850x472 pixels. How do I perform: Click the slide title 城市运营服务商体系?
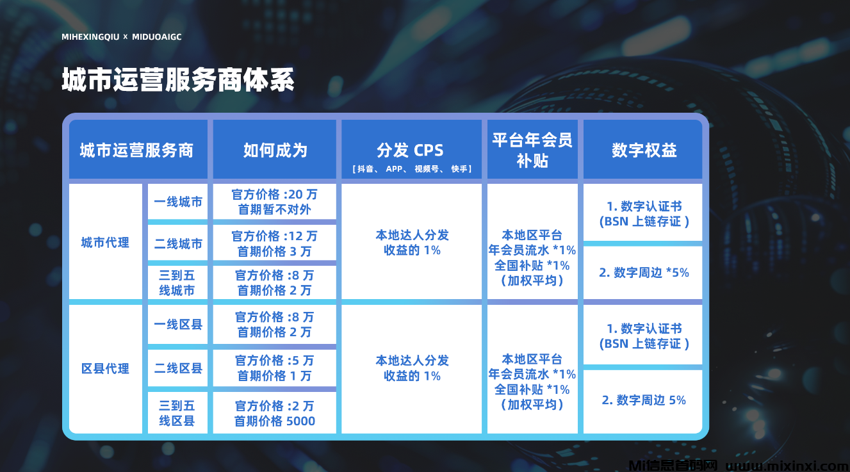tap(178, 80)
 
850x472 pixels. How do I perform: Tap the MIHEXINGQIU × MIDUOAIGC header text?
tap(122, 37)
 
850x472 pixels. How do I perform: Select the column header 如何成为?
tap(275, 151)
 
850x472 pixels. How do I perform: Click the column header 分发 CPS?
tap(410, 151)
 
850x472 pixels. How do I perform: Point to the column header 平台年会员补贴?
tap(532, 151)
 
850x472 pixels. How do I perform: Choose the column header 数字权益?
tap(644, 151)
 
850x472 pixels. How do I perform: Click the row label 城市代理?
tap(105, 243)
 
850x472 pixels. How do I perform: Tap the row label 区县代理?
tap(105, 368)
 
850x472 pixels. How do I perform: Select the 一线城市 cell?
tap(178, 202)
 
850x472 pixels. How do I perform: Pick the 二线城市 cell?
tap(178, 243)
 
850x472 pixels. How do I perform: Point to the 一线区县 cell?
tap(178, 325)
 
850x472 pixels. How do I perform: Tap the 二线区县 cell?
tap(178, 368)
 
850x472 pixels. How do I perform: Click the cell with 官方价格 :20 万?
tap(274, 202)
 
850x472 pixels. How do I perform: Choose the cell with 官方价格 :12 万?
tap(274, 243)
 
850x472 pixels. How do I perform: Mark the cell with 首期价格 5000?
tap(274, 413)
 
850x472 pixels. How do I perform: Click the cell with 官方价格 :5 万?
tap(274, 368)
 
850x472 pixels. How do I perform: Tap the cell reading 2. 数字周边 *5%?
tap(644, 272)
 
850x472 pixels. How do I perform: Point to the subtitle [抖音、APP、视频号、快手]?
tap(412, 169)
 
